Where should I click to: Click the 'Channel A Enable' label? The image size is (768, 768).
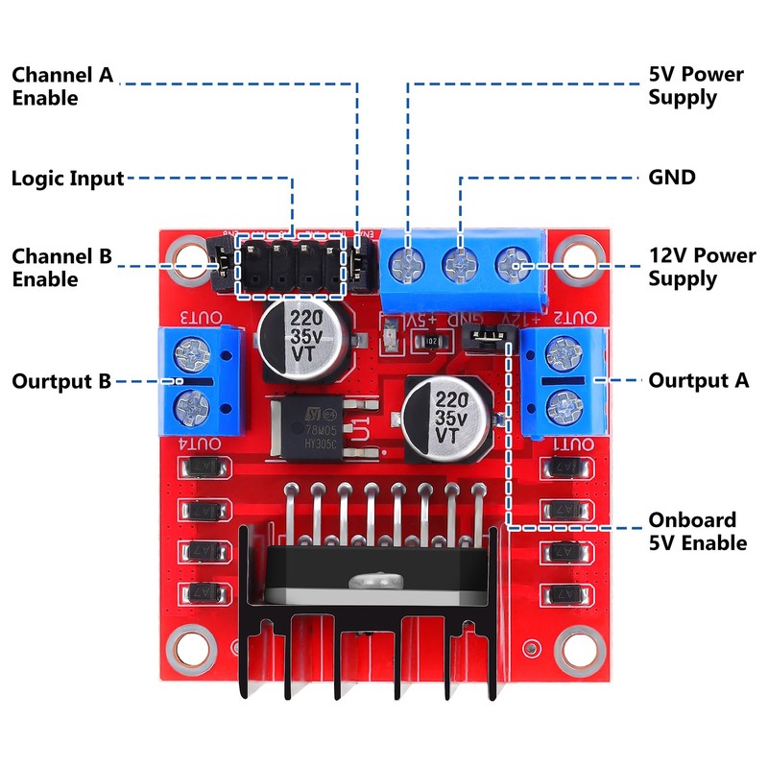click(62, 85)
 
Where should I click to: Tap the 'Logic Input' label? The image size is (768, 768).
click(67, 179)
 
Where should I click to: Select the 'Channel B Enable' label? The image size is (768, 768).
click(62, 268)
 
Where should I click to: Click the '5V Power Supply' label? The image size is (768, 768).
click(696, 85)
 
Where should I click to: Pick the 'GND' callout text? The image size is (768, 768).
click(672, 178)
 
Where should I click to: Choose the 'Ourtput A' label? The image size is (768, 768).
click(699, 380)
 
